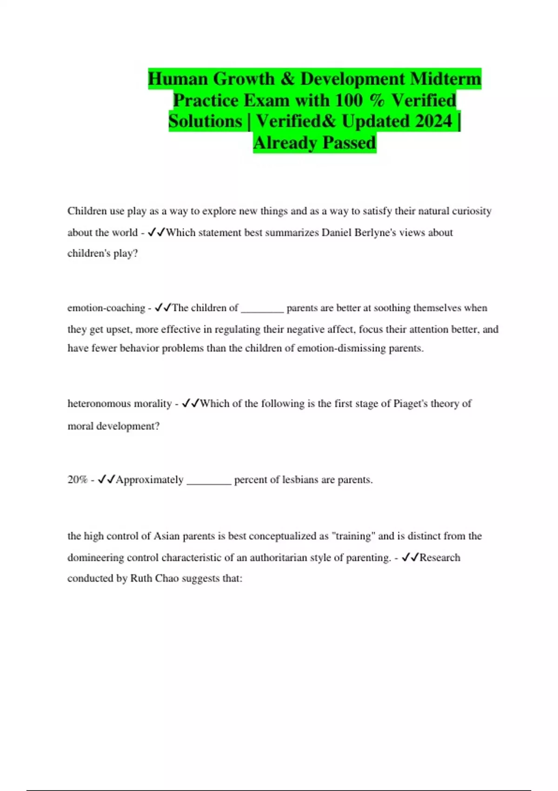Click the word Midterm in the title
coord(445,79)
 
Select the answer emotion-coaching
coord(106,308)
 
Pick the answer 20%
coord(77,480)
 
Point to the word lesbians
coord(301,480)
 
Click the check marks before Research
coord(410,557)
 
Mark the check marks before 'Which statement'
coord(156,232)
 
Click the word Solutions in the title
coord(205,121)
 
